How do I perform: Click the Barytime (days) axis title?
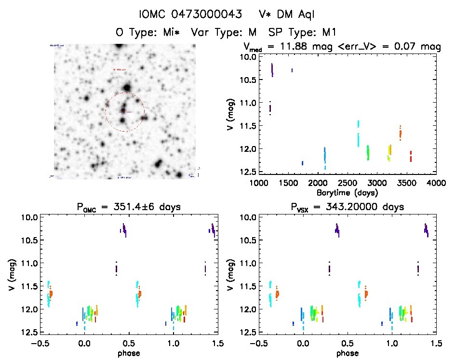pyautogui.click(x=347, y=192)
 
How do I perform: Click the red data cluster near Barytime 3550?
pyautogui.click(x=411, y=156)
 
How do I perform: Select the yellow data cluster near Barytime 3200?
pyautogui.click(x=389, y=152)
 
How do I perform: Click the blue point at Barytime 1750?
pyautogui.click(x=302, y=163)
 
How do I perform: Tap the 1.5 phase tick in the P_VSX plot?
pyautogui.click(x=436, y=343)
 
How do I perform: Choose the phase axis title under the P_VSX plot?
pyautogui.click(x=347, y=352)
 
